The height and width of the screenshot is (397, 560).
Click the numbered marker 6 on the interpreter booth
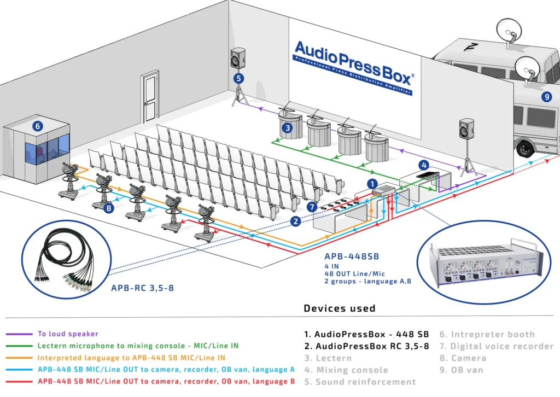click(38, 126)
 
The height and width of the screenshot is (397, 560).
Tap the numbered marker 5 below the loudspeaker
click(238, 78)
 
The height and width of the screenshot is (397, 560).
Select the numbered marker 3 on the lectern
click(286, 129)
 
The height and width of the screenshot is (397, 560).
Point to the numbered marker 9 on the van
click(546, 97)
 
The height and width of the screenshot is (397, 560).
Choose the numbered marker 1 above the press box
click(372, 184)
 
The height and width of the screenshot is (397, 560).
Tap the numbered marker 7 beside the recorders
click(312, 207)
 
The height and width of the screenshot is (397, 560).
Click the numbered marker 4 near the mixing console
click(423, 165)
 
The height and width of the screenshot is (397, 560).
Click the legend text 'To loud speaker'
click(68, 334)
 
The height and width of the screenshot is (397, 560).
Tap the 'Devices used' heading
click(340, 308)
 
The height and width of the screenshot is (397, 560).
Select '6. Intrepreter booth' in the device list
click(487, 334)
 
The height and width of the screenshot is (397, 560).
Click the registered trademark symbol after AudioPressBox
click(412, 76)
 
